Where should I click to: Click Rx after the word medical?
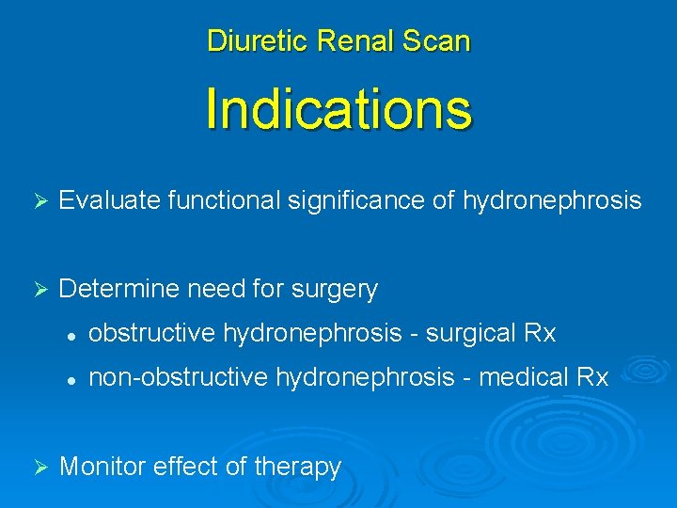tap(593, 377)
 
